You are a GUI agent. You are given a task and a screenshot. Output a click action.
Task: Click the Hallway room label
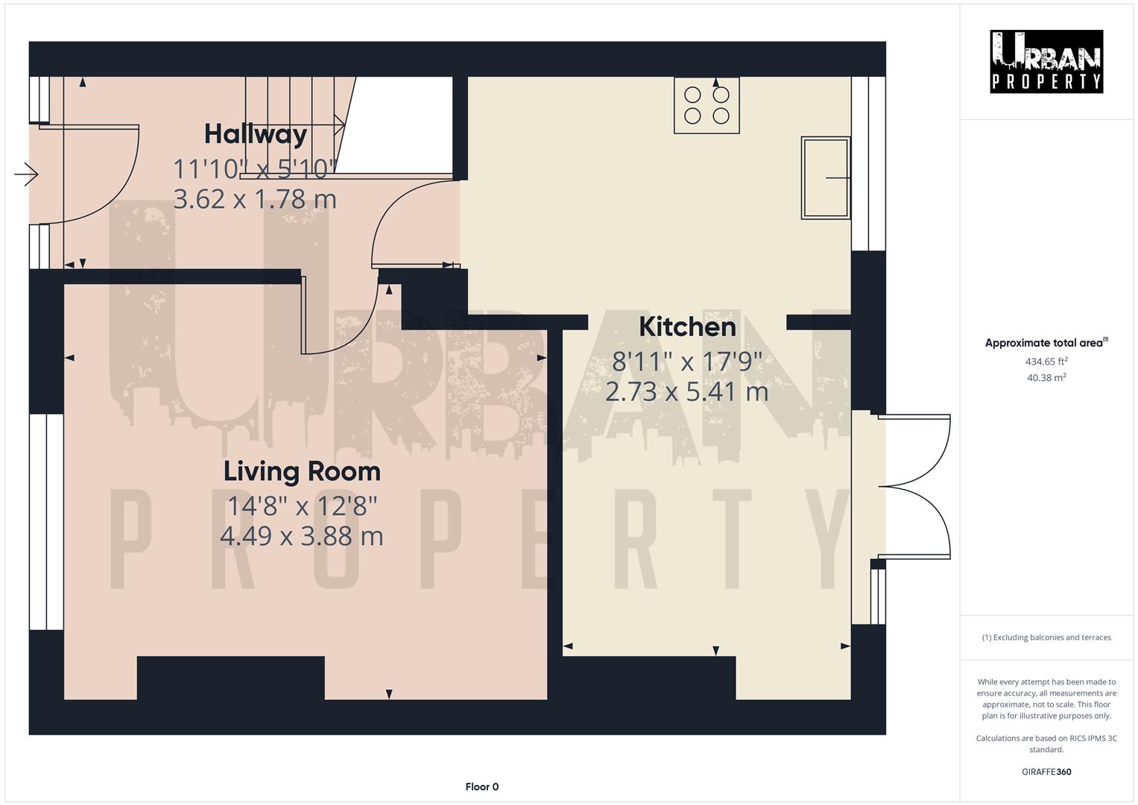pyautogui.click(x=256, y=134)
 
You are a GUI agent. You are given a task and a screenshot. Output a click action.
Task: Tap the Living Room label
pyautogui.click(x=302, y=471)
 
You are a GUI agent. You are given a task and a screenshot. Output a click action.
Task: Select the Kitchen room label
pyautogui.click(x=687, y=326)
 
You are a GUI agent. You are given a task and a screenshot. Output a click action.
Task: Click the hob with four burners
pyautogui.click(x=706, y=105)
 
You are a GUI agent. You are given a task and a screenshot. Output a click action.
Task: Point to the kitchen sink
pyautogui.click(x=825, y=177)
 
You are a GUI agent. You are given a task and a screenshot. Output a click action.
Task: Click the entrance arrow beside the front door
pyautogui.click(x=26, y=174)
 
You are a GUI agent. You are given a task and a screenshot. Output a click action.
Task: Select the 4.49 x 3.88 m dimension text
pyautogui.click(x=302, y=535)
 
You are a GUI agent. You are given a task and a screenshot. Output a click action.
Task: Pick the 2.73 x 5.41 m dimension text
pyautogui.click(x=686, y=391)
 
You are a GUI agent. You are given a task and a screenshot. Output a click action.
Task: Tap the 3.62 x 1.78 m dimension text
pyautogui.click(x=255, y=199)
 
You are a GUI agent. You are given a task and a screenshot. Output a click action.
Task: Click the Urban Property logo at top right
pyautogui.click(x=1046, y=62)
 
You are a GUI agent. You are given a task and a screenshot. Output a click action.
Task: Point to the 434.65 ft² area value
pyautogui.click(x=1046, y=362)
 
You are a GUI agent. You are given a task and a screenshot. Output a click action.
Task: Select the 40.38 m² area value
pyautogui.click(x=1046, y=377)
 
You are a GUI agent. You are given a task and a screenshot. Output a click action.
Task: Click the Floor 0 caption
pyautogui.click(x=481, y=786)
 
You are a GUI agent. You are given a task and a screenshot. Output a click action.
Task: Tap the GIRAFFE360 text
pyautogui.click(x=1046, y=771)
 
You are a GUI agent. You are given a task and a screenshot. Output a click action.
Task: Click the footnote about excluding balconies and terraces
pyautogui.click(x=1046, y=637)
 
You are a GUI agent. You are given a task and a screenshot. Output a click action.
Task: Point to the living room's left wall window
pyautogui.click(x=46, y=522)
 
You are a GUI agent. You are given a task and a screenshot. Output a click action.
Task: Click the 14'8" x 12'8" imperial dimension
pyautogui.click(x=302, y=506)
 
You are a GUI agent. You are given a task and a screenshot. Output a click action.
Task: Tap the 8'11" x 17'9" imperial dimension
pyautogui.click(x=686, y=362)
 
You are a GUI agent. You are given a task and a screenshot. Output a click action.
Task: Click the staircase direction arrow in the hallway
pyautogui.click(x=339, y=121)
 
